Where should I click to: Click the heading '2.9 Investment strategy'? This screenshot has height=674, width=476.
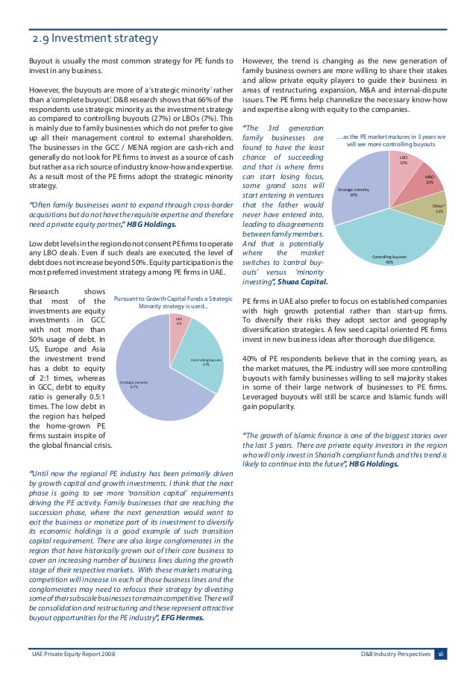93,39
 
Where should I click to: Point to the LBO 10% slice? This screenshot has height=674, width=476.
402,163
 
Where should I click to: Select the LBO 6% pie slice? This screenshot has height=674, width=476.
180,325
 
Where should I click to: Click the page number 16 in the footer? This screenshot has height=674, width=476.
442,654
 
